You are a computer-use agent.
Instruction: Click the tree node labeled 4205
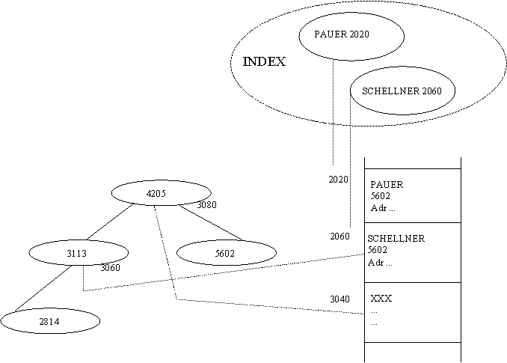pyautogui.click(x=161, y=193)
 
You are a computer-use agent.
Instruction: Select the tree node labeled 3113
pyautogui.click(x=79, y=253)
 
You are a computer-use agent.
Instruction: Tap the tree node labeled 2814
pyautogui.click(x=50, y=320)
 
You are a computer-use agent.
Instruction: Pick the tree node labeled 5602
pyautogui.click(x=227, y=253)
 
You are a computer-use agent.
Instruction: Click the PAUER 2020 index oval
pyautogui.click(x=351, y=36)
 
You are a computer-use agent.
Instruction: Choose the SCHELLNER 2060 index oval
pyautogui.click(x=403, y=91)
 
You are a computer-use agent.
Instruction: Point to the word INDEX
pyautogui.click(x=264, y=61)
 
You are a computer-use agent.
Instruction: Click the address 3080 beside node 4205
pyautogui.click(x=206, y=205)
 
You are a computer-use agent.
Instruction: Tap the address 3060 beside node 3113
pyautogui.click(x=110, y=267)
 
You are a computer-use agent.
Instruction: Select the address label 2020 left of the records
pyautogui.click(x=338, y=179)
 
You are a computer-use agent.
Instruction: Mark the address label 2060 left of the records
pyautogui.click(x=339, y=237)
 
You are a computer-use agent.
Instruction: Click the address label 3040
pyautogui.click(x=339, y=299)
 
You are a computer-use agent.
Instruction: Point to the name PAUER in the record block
pyautogui.click(x=387, y=184)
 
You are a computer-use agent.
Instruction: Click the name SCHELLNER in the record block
pyautogui.click(x=396, y=239)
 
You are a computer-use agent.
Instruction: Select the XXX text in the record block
pyautogui.click(x=381, y=299)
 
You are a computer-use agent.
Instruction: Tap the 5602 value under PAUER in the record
pyautogui.click(x=380, y=196)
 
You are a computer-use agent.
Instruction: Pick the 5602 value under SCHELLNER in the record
pyautogui.click(x=378, y=250)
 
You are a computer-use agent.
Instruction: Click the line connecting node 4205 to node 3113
pyautogui.click(x=110, y=222)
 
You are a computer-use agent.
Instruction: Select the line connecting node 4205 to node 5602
pyautogui.click(x=210, y=222)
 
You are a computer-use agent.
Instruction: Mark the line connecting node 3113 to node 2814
pyautogui.click(x=43, y=289)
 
